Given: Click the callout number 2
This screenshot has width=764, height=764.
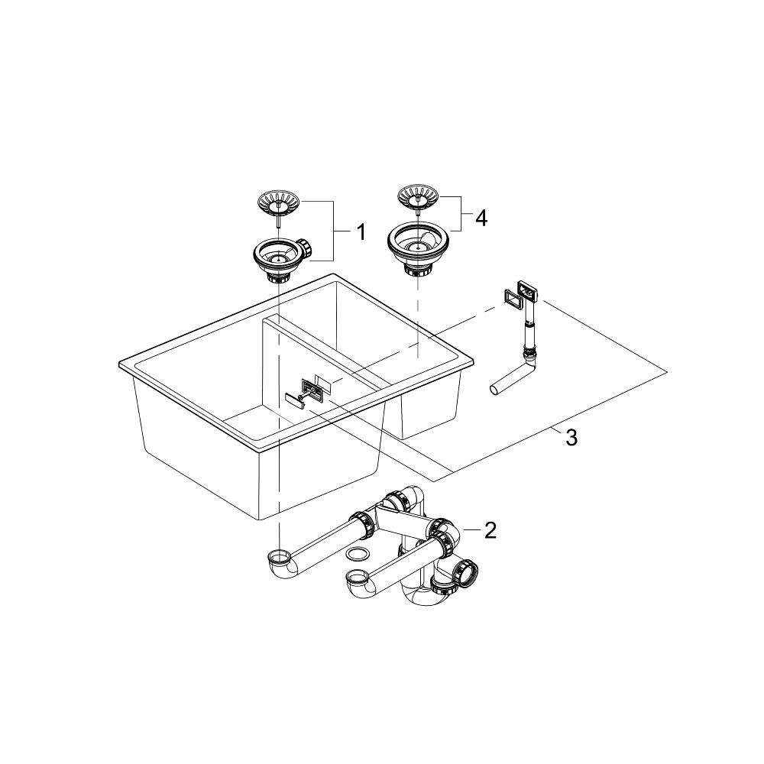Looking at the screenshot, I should point(490,529).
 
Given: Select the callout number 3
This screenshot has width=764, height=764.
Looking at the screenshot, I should point(571,437).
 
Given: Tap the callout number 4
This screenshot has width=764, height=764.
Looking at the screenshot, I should point(481,218).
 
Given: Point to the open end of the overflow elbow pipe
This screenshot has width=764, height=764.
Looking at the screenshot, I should point(496,390).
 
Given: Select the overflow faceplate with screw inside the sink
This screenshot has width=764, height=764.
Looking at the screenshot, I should point(311,390).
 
